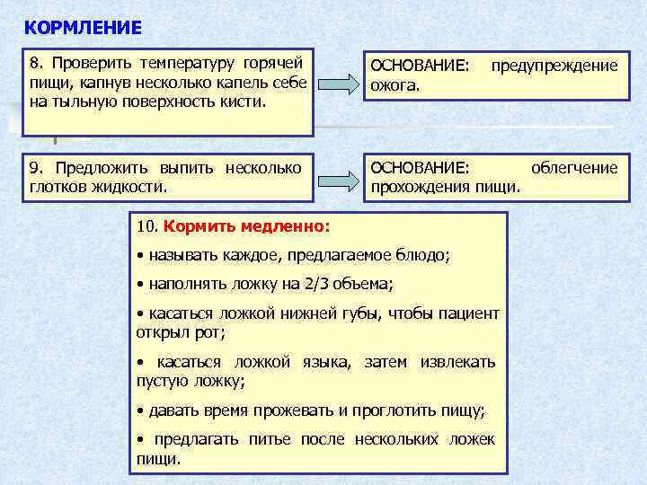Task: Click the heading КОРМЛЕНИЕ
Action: coord(83,27)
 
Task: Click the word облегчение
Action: coord(574,168)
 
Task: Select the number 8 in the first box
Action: coord(34,65)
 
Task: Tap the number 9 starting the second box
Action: coord(34,168)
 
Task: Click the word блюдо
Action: coord(425,255)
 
